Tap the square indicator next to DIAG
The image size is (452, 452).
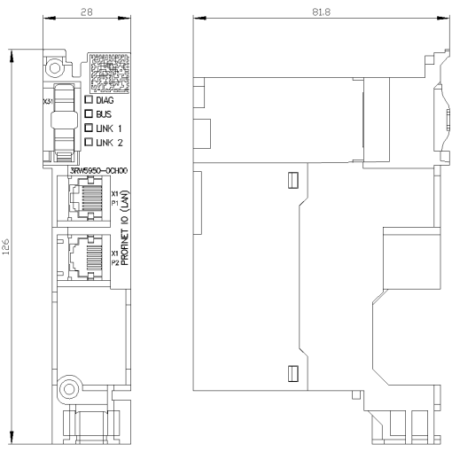point(88,100)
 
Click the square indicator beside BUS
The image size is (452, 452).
point(88,114)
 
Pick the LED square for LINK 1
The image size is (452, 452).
point(88,129)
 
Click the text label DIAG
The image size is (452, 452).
point(105,100)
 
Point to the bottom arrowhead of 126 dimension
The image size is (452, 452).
point(12,438)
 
